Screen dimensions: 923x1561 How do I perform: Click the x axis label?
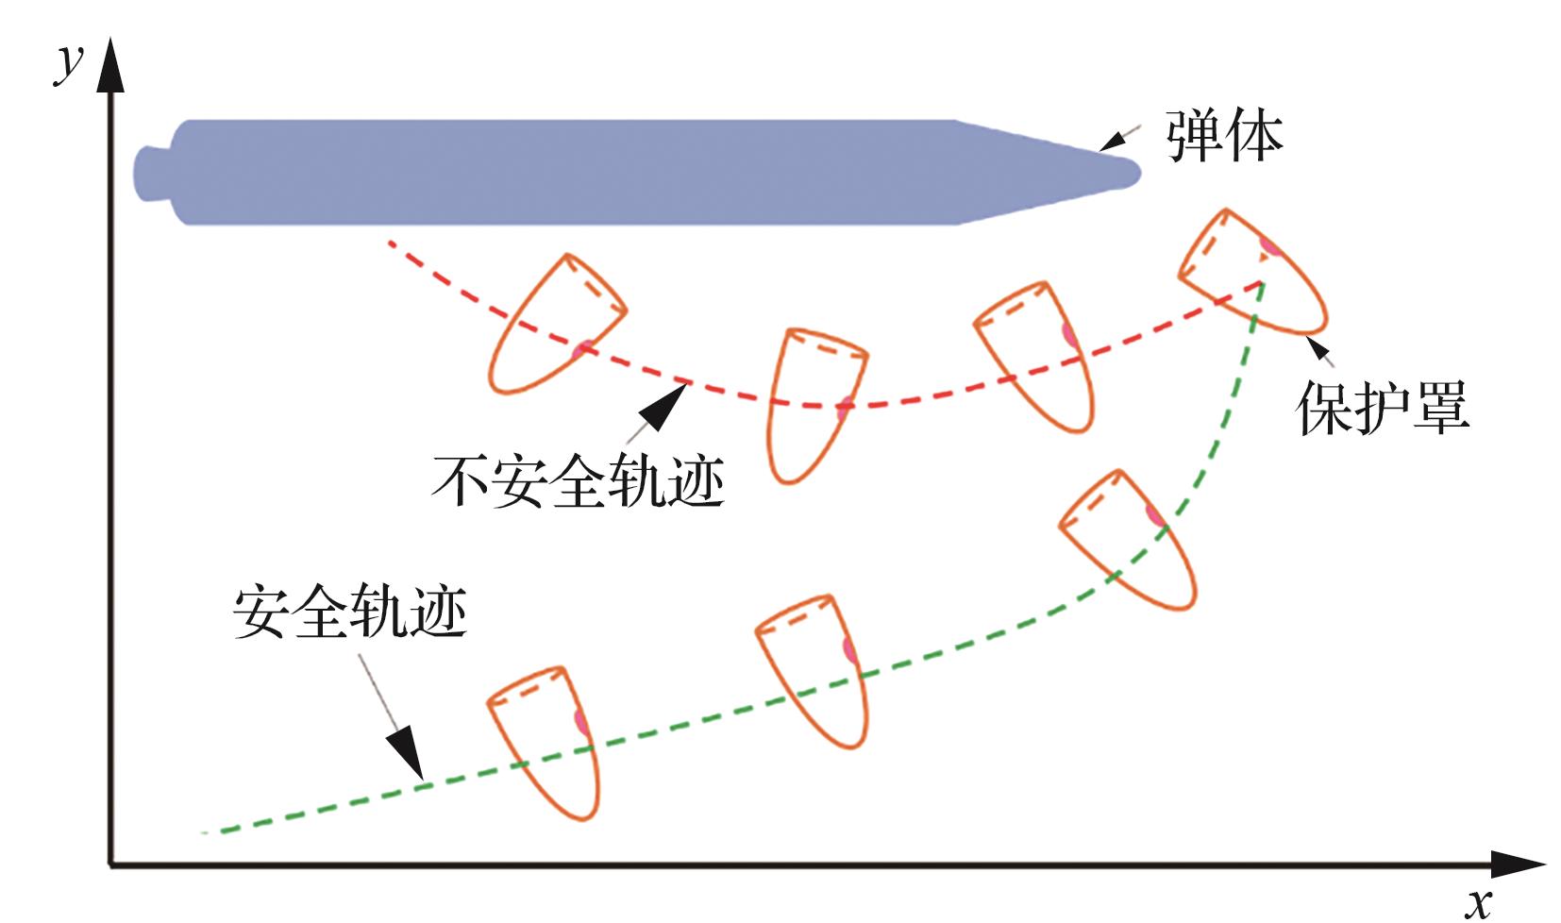tap(1479, 901)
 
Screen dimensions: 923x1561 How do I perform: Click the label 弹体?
tap(1224, 138)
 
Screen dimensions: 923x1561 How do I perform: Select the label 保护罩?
tap(1382, 409)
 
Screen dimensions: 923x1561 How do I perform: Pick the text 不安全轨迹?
tap(578, 480)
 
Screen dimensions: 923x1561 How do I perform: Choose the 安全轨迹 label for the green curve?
tap(349, 614)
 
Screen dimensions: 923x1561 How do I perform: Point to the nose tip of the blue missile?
tap(1139, 173)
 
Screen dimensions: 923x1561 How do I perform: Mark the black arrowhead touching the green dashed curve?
tap(407, 754)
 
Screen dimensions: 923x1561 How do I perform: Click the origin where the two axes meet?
tap(110, 864)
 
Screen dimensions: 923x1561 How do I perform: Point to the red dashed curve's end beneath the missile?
tap(390, 243)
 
